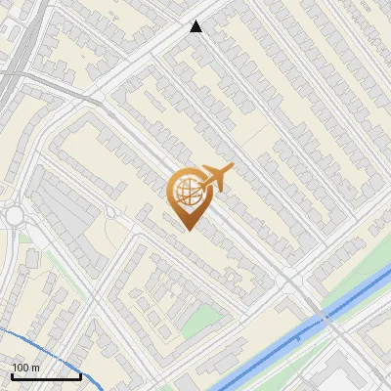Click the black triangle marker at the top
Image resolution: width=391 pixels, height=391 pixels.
(196, 27)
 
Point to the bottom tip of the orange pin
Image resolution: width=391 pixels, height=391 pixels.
(187, 230)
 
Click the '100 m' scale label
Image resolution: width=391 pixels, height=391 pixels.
(26, 367)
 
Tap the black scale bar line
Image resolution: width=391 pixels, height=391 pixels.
(45, 376)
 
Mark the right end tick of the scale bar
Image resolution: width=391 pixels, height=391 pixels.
(79, 374)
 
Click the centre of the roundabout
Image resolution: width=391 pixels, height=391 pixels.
(13, 215)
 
